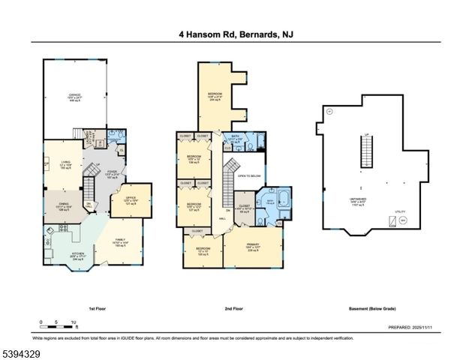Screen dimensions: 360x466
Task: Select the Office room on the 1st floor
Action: [x=129, y=199]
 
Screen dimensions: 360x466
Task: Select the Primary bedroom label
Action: [x=254, y=248]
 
